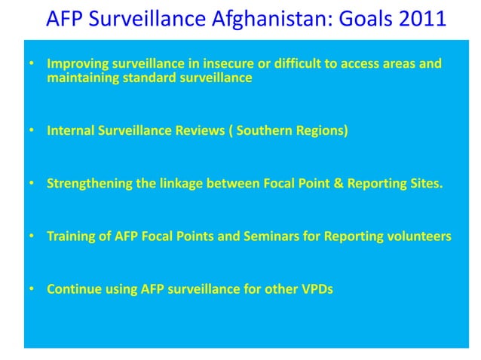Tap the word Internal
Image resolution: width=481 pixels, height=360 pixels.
click(69, 130)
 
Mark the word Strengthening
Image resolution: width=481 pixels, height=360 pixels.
click(88, 183)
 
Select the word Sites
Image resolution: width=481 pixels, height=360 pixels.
click(424, 183)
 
